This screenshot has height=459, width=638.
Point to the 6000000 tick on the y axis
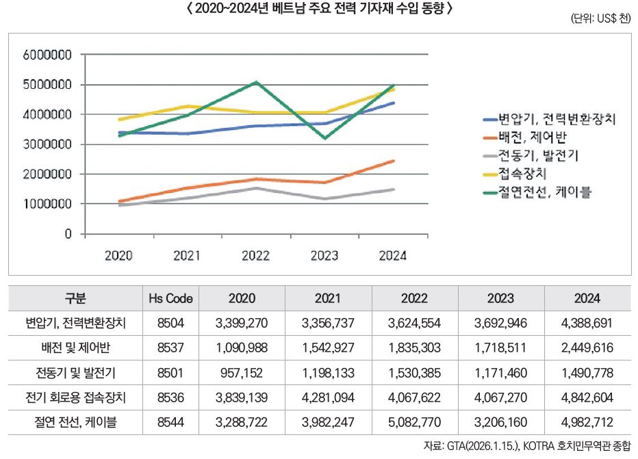[48, 55]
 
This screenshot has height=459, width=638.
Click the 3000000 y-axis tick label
[48, 144]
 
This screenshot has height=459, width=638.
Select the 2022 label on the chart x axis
[255, 256]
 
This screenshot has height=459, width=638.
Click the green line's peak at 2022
[255, 82]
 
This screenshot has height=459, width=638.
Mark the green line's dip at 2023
[324, 138]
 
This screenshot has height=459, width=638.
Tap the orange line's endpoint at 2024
[393, 161]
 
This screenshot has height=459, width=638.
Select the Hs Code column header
[170, 299]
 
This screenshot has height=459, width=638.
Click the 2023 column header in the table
[501, 299]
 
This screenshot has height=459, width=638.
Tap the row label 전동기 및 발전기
[75, 373]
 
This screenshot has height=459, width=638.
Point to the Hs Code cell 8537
[170, 347]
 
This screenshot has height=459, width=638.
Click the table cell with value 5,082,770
[415, 421]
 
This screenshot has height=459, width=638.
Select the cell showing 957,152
[242, 373]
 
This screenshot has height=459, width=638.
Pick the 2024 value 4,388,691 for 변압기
[587, 323]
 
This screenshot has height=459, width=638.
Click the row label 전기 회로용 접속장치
[75, 397]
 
